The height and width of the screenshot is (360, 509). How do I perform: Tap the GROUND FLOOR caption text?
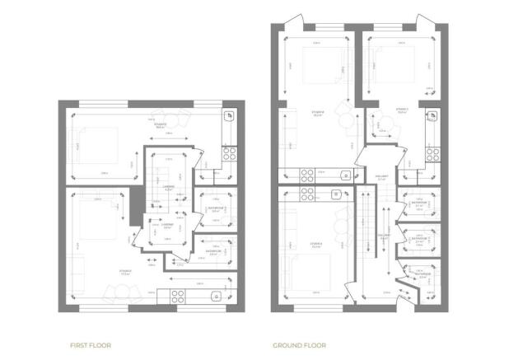(x=299, y=345)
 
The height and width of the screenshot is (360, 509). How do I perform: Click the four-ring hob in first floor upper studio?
(x=229, y=153)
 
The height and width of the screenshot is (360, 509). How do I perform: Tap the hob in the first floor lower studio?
(x=178, y=296)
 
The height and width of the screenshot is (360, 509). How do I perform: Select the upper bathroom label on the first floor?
(x=214, y=208)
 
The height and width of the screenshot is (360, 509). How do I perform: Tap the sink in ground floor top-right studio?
(x=431, y=117)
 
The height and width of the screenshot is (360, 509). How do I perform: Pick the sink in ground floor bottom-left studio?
(x=336, y=195)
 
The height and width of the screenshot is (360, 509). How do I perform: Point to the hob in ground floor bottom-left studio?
(x=306, y=195)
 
